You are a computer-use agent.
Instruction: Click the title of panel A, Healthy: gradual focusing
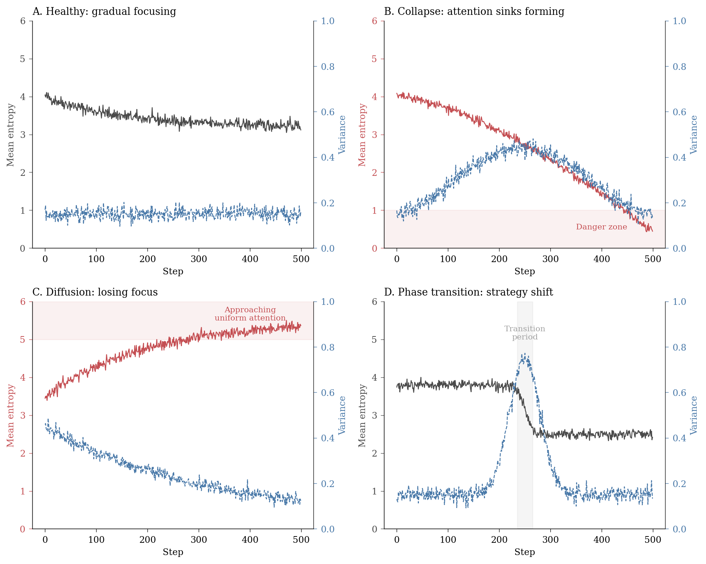click(x=104, y=12)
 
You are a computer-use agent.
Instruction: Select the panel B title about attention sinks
click(x=474, y=12)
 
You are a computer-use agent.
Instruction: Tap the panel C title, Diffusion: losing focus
click(x=95, y=292)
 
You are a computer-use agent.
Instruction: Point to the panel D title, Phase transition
click(x=468, y=292)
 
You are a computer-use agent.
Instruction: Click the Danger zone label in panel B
click(x=601, y=227)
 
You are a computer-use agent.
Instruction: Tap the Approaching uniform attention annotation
click(x=250, y=314)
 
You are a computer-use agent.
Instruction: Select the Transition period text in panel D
click(x=524, y=333)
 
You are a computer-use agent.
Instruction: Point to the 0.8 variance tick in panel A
click(x=327, y=67)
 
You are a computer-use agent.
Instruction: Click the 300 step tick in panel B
click(x=550, y=259)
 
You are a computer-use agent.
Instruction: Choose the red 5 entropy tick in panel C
click(x=23, y=340)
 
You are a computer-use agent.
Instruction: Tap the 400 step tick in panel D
click(x=602, y=539)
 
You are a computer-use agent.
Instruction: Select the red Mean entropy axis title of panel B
click(x=362, y=135)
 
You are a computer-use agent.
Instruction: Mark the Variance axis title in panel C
click(x=342, y=415)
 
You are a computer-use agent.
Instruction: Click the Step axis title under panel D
click(x=524, y=552)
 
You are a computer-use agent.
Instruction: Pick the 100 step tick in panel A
click(x=96, y=259)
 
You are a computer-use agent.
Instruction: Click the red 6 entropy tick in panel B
click(x=375, y=21)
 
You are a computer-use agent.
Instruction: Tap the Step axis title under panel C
click(x=173, y=552)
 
